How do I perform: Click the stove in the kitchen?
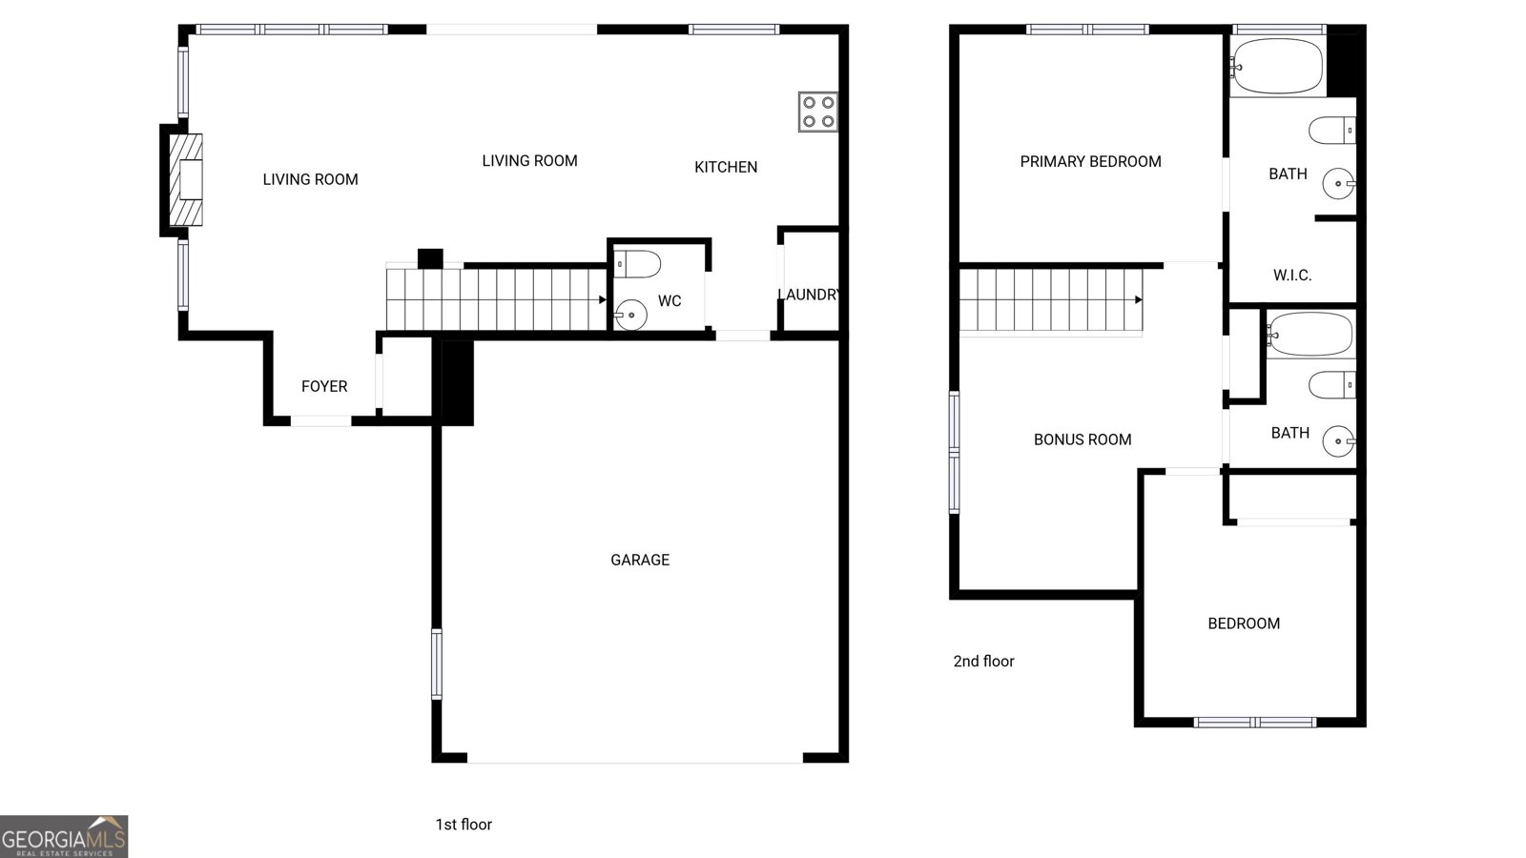818,111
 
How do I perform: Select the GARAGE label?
640,560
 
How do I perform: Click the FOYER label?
324,386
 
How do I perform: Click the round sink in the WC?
630,312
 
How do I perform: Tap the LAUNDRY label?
809,295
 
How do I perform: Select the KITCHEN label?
726,167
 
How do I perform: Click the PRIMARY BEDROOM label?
1090,162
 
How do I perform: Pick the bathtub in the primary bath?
1277,66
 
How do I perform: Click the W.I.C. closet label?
1292,276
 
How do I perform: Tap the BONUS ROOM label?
1083,439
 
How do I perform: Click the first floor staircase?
496,299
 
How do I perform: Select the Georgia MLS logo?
64,836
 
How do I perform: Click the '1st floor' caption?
464,825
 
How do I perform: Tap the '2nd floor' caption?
983,661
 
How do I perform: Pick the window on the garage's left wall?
437,664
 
